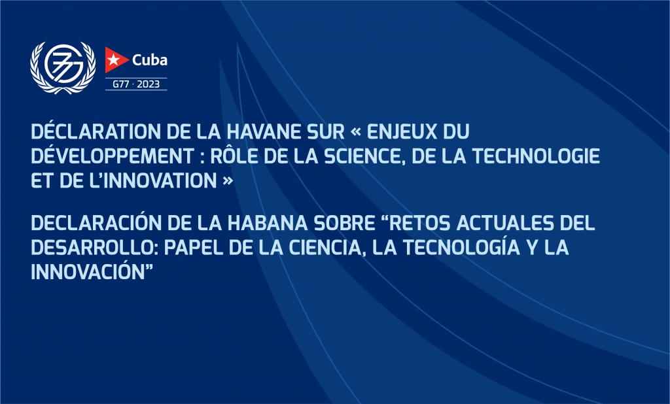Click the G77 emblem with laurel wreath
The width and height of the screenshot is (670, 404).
[63, 67]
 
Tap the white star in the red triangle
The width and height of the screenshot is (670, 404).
[113, 59]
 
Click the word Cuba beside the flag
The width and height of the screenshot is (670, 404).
[150, 59]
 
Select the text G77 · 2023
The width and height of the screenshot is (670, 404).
[136, 84]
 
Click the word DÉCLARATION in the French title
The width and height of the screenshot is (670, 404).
[96, 131]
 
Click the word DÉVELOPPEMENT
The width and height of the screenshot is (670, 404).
[113, 156]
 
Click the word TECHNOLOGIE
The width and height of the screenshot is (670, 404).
[536, 156]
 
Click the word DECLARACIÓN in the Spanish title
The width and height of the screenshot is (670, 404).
[96, 222]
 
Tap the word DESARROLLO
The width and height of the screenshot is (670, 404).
[95, 247]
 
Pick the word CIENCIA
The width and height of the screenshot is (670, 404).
[327, 248]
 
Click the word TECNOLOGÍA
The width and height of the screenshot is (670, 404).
[461, 247]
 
